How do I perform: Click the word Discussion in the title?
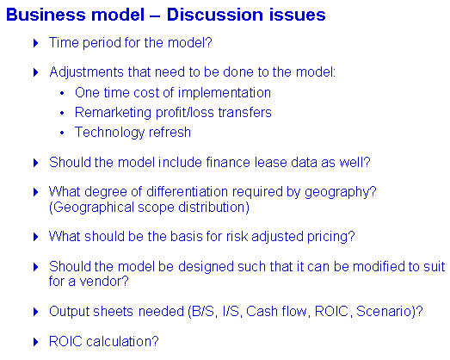pyautogui.click(x=215, y=15)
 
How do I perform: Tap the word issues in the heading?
pyautogui.click(x=298, y=15)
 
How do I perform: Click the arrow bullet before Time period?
pyautogui.click(x=36, y=43)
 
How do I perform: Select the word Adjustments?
pyautogui.click(x=86, y=72)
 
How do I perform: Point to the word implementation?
pyautogui.click(x=224, y=93)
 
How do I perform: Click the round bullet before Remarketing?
pyautogui.click(x=62, y=113)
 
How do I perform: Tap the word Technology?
pyautogui.click(x=109, y=133)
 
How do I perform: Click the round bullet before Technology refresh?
pyautogui.click(x=62, y=133)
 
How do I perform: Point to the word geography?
pyautogui.click(x=341, y=192)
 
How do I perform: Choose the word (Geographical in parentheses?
pyautogui.click(x=91, y=208)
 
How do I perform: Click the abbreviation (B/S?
pyautogui.click(x=201, y=312)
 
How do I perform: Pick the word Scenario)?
pyautogui.click(x=390, y=312)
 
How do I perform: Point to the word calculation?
pyautogui.click(x=122, y=341)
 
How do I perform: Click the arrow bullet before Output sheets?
pyautogui.click(x=36, y=312)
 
